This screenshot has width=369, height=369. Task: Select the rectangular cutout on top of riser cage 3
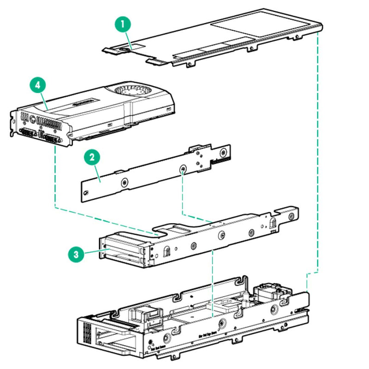pyautogui.click(x=178, y=229)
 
